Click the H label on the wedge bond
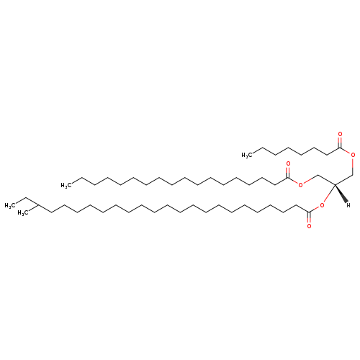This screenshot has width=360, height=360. coord(348,205)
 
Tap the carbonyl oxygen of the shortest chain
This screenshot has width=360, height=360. coord(340,134)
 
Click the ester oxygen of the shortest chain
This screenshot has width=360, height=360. coord(353,155)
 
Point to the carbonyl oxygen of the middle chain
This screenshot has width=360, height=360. coord(288,164)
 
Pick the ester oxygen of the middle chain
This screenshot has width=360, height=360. coord(300,184)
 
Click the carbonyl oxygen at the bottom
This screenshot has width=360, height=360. coord(309,226)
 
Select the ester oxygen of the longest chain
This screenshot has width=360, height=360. coord(322,205)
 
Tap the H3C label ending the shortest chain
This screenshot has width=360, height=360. coord(247,156)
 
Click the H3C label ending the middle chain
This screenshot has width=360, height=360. coord(66,185)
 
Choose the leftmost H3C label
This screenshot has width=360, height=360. coord(10,206)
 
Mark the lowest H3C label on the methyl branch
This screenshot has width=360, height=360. coord(23,213)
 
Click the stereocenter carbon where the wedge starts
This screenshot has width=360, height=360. coord(335,184)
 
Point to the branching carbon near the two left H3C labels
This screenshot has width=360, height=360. coord(38,205)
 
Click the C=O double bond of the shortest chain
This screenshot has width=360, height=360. coord(340,143)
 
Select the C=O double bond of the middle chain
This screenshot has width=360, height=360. coord(288,172)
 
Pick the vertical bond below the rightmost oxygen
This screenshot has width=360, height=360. coord(353,166)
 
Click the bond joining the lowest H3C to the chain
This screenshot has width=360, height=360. coord(34,208)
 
